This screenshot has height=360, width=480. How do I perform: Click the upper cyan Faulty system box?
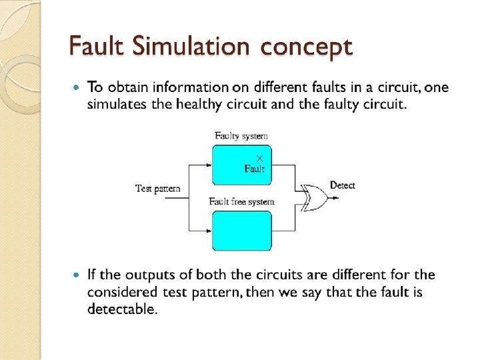coord(241,163)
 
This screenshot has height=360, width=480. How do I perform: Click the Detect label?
coord(342,185)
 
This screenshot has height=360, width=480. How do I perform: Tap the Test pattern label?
coord(157,189)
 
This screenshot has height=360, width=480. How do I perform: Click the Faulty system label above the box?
coord(241,136)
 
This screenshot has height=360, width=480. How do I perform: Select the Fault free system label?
coord(241,201)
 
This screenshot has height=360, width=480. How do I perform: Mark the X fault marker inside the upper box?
coord(259,158)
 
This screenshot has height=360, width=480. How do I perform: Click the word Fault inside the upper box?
coord(254,169)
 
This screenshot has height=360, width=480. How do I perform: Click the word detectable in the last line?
coord(122,309)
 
